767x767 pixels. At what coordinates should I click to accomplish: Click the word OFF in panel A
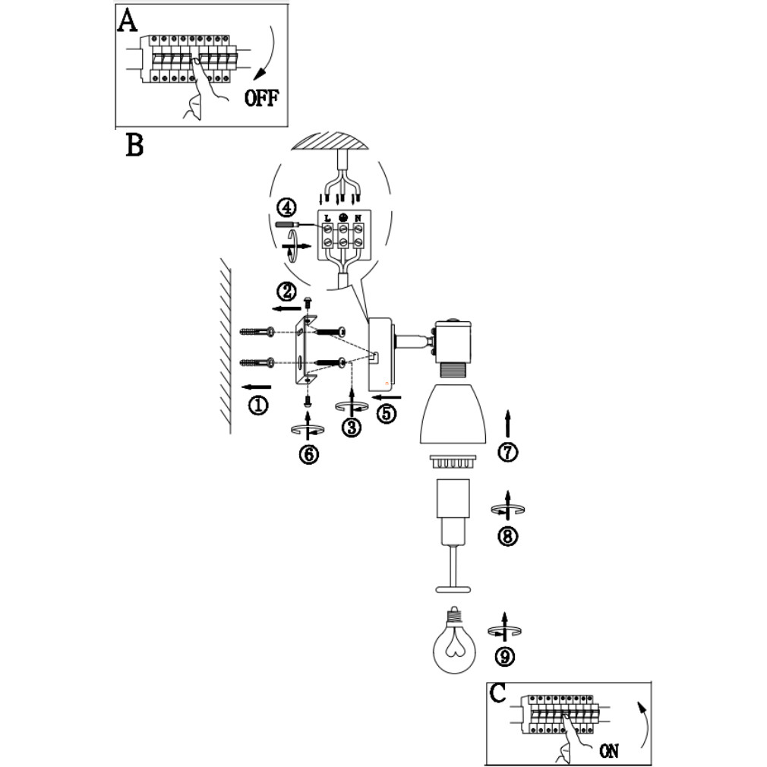[261, 98]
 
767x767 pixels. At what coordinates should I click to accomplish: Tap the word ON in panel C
[609, 750]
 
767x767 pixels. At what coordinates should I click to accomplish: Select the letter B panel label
[134, 145]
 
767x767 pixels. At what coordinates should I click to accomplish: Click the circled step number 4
[286, 208]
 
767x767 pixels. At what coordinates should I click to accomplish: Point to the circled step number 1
[258, 405]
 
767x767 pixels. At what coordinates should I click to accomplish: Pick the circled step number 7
[507, 452]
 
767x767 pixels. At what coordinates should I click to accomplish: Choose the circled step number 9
[505, 656]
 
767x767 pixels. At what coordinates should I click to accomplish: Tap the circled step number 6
[308, 454]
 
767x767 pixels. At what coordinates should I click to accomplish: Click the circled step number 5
[386, 414]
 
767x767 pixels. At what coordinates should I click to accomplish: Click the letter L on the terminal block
[327, 218]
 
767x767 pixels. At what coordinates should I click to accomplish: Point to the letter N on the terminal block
[358, 218]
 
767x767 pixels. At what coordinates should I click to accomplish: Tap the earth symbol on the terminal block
[343, 217]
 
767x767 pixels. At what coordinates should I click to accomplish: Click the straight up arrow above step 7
[507, 423]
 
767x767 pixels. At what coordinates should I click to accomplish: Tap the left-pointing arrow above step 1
[257, 387]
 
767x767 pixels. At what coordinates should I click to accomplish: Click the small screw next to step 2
[308, 301]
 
